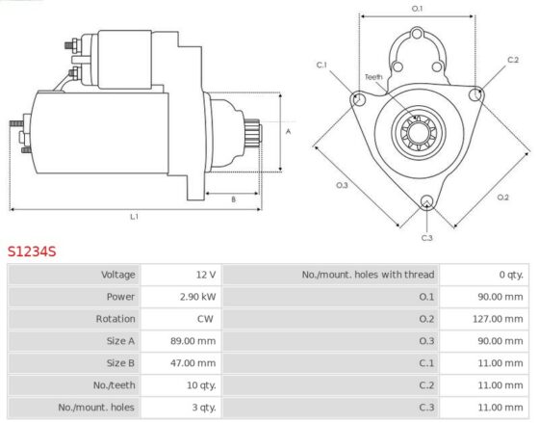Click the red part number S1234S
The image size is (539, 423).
pyautogui.click(x=32, y=251)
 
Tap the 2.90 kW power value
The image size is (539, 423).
pyautogui.click(x=198, y=297)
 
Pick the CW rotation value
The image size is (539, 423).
pyautogui.click(x=205, y=319)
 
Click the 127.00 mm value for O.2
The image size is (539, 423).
pyautogui.click(x=498, y=319)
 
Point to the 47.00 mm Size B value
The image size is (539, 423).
pyautogui.click(x=193, y=362)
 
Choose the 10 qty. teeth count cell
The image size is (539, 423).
pyautogui.click(x=201, y=385)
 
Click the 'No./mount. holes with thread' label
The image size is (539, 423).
pyautogui.click(x=368, y=275)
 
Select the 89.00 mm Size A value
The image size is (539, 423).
pyautogui.click(x=193, y=341)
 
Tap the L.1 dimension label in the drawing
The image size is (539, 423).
pyautogui.click(x=134, y=217)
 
